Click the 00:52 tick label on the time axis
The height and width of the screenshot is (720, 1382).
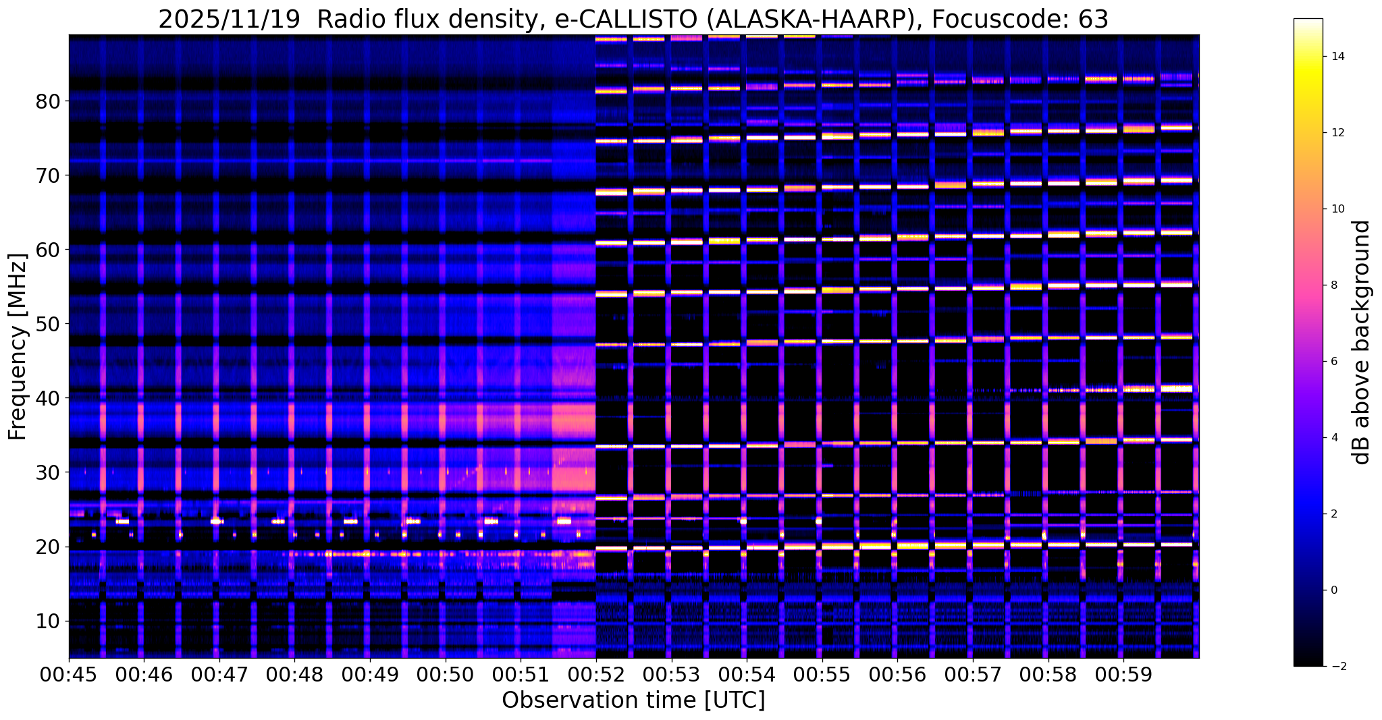pyautogui.click(x=595, y=675)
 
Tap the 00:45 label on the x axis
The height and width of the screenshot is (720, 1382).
pyautogui.click(x=69, y=675)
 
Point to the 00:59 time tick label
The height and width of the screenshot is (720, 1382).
pyautogui.click(x=1123, y=675)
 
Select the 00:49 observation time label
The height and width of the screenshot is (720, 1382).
pyautogui.click(x=369, y=675)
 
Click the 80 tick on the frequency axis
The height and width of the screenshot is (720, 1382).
pyautogui.click(x=49, y=102)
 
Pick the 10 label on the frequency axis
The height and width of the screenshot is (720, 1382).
pyautogui.click(x=49, y=621)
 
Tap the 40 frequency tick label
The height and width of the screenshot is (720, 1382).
pyautogui.click(x=49, y=399)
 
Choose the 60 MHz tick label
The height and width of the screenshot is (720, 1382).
pyautogui.click(x=49, y=250)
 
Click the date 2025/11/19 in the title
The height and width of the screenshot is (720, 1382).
pyautogui.click(x=229, y=20)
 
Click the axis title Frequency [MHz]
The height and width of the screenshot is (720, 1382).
pyautogui.click(x=18, y=347)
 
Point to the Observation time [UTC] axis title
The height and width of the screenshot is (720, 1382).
pyautogui.click(x=633, y=700)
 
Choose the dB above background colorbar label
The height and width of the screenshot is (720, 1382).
pyautogui.click(x=1362, y=342)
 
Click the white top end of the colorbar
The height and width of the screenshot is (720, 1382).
pyautogui.click(x=1308, y=20)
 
